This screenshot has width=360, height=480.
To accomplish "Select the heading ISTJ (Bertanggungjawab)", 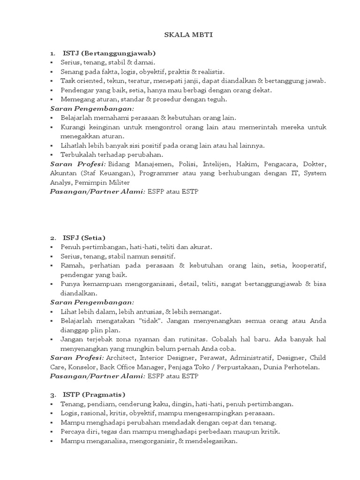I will (109, 53).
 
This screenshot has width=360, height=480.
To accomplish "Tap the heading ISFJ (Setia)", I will (84, 237).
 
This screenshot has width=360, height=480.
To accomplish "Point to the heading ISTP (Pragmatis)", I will (94, 394).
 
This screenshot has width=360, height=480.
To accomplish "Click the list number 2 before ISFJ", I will (53, 237).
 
